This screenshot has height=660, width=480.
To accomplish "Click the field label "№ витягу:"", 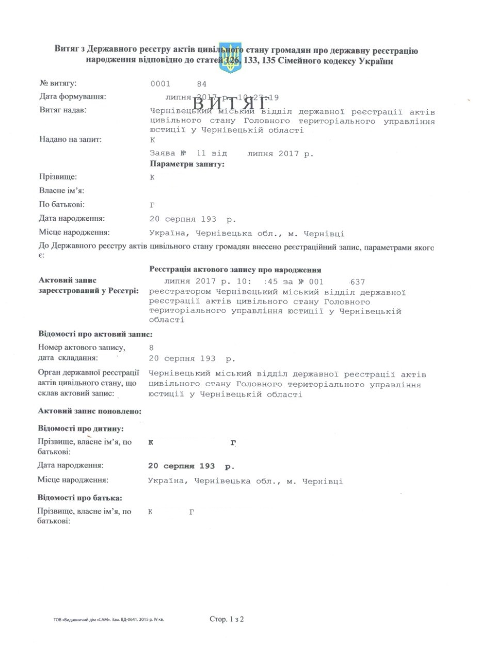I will (58, 84).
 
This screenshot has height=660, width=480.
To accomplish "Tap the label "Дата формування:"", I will (73, 96).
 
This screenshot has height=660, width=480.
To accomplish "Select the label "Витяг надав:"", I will (63, 110).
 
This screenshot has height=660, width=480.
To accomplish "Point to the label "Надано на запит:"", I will (71, 139).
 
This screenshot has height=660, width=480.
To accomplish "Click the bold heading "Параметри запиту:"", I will (187, 164).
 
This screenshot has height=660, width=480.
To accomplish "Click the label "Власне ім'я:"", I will (61, 191).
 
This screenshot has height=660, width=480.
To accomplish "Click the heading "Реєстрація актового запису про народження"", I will (235, 270).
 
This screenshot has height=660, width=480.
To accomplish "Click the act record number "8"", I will (151, 348).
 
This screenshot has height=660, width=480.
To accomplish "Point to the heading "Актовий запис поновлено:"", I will (90, 411).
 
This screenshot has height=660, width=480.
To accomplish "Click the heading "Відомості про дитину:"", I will (81, 428).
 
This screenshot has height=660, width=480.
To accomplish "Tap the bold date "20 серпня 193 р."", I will (191, 466).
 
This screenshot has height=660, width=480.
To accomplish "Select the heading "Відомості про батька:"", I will (80, 498).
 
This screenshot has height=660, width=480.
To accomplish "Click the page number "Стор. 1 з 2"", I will (227, 619).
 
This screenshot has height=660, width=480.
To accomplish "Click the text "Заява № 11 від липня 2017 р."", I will (231, 153).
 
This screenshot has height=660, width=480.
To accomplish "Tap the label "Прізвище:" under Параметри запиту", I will (58, 177).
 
